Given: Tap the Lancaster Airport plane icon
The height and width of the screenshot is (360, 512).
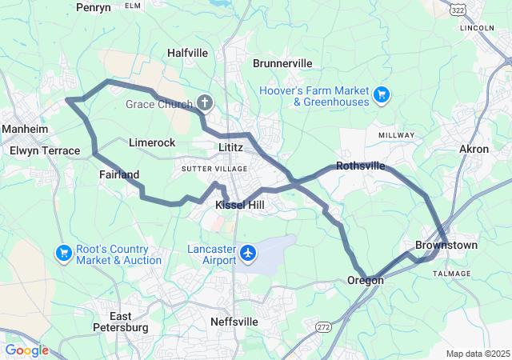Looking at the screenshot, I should pyautogui.click(x=248, y=254).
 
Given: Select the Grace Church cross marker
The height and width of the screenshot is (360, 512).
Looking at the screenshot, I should pyautogui.click(x=206, y=103).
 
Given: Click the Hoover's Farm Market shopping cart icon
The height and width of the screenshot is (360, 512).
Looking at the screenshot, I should pyautogui.click(x=382, y=95).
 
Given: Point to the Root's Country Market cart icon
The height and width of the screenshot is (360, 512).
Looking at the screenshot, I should pyautogui.click(x=64, y=254).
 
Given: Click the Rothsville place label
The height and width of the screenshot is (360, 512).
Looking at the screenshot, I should pyautogui.click(x=360, y=166).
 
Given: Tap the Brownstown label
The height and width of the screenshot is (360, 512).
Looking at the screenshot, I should pyautogui.click(x=446, y=245).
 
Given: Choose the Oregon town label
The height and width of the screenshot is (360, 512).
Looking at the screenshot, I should pyautogui.click(x=366, y=280).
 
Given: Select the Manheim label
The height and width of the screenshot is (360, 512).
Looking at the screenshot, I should pyautogui.click(x=26, y=129).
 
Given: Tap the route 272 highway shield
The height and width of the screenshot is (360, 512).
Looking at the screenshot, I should pyautogui.click(x=323, y=328).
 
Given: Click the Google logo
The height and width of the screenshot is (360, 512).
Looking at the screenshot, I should pyautogui.click(x=26, y=350).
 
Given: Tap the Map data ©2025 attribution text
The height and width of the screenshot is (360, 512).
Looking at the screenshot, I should pyautogui.click(x=477, y=354).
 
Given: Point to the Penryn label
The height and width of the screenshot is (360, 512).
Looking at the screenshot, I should pyautogui.click(x=94, y=7).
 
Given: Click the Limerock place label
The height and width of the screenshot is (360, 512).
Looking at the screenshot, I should pyautogui.click(x=151, y=142).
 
